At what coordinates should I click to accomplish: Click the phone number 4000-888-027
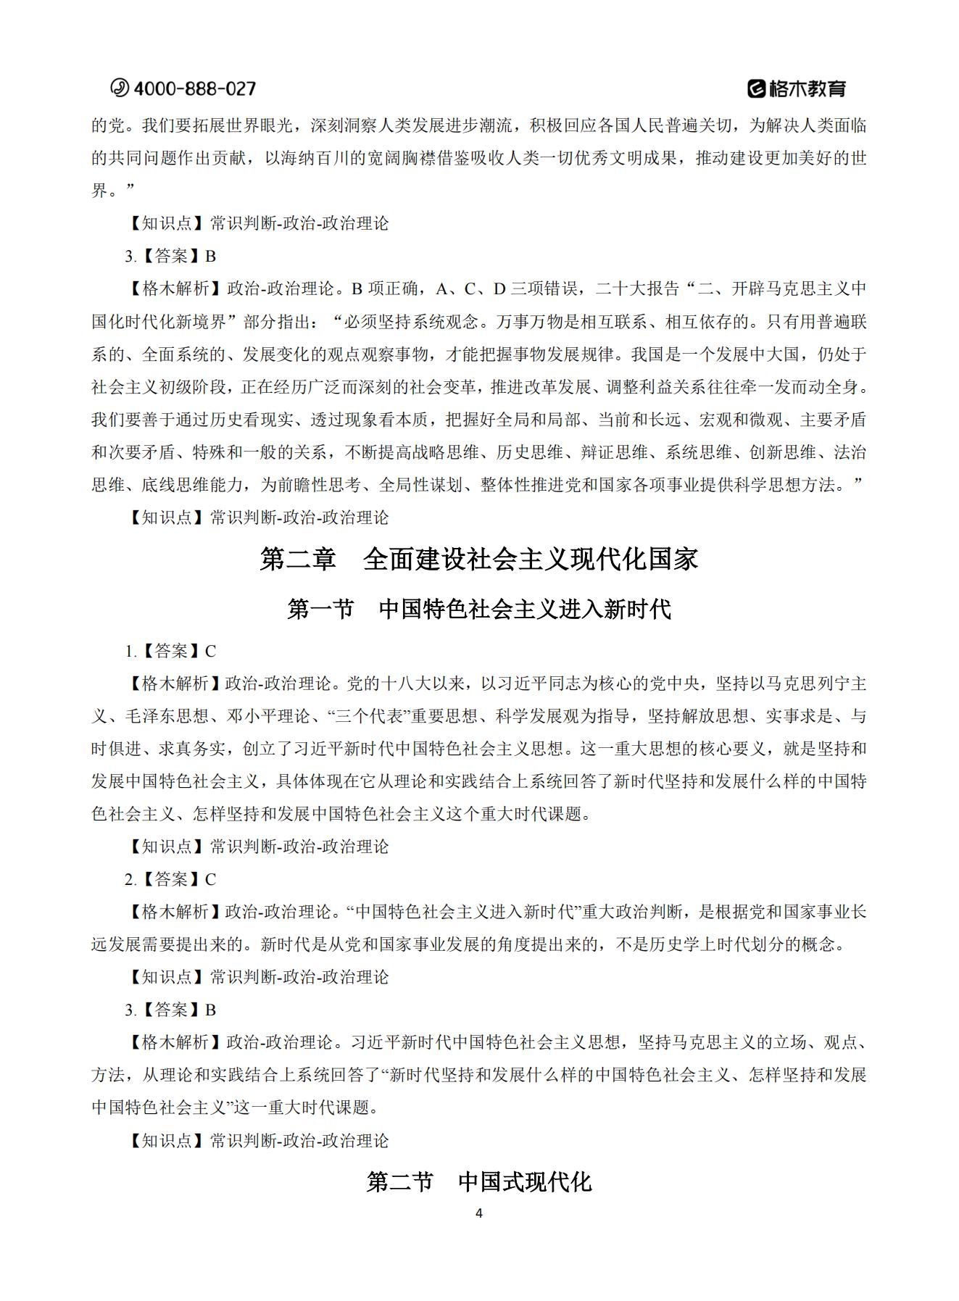click(x=195, y=88)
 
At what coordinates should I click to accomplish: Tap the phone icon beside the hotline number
click(x=119, y=88)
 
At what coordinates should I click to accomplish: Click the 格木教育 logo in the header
click(x=797, y=88)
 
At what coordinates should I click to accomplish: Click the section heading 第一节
click(x=320, y=609)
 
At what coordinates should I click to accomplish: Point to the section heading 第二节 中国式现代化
click(x=479, y=1182)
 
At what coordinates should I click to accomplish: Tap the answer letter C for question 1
click(x=210, y=651)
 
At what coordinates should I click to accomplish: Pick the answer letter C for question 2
click(x=210, y=879)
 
